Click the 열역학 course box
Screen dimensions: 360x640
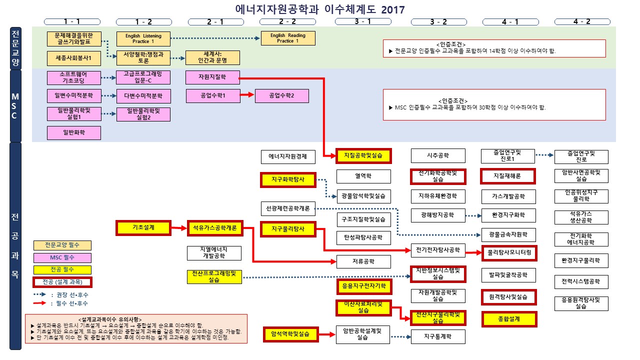363,176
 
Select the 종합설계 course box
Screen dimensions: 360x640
509,319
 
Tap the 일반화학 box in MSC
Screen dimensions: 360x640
74,132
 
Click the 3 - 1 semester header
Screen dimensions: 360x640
362,21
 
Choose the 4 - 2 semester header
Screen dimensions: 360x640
581,21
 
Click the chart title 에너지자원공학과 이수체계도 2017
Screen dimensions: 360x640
320,9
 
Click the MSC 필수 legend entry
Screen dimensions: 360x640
62,257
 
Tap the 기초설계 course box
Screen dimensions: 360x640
143,227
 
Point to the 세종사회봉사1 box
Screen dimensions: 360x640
74,58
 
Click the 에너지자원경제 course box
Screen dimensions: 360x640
288,156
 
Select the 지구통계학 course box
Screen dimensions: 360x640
438,336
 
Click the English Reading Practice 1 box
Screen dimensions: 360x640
287,38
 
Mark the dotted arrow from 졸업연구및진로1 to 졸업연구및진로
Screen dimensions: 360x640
544,155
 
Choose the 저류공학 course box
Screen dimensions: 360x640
363,261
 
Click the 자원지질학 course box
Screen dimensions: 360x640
212,77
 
